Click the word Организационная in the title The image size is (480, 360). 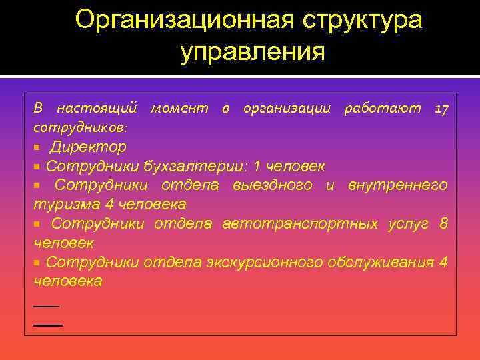[184, 20]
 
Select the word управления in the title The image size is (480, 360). [253, 51]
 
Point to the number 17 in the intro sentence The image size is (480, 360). [441, 109]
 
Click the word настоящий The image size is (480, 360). [97, 108]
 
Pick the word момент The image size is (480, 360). [179, 108]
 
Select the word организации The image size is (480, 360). [287, 108]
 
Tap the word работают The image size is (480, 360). [382, 108]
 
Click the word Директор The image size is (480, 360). [88, 147]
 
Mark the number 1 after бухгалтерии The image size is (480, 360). [255, 165]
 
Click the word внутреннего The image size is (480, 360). [397, 185]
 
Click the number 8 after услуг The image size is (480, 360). [443, 223]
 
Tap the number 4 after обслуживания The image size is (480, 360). [443, 262]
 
